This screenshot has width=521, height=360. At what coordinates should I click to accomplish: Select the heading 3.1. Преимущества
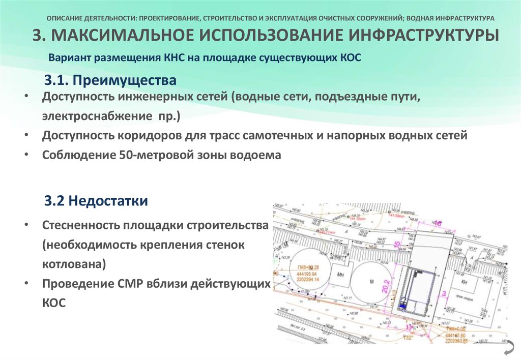110,80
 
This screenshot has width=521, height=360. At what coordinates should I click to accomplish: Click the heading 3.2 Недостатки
96,201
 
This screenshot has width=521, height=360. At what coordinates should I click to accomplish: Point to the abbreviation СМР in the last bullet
127,284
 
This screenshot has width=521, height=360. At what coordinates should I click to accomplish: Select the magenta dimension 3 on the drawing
444,292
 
